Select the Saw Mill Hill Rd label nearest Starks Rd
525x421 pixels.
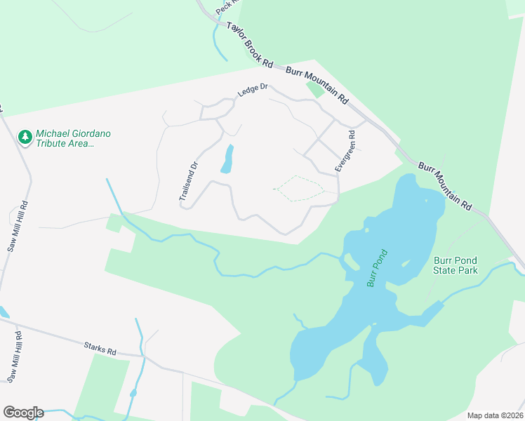[x=15, y=357]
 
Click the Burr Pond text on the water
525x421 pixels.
[x=378, y=269]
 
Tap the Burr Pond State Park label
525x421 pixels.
[x=456, y=265]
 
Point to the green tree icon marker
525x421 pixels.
[x=26, y=137]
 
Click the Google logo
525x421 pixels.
[x=23, y=413]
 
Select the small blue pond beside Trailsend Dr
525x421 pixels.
[x=227, y=159]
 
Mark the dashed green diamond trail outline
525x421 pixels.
[x=299, y=189]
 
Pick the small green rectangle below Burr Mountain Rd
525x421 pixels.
[x=315, y=89]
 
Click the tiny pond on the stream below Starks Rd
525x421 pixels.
[x=133, y=392]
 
